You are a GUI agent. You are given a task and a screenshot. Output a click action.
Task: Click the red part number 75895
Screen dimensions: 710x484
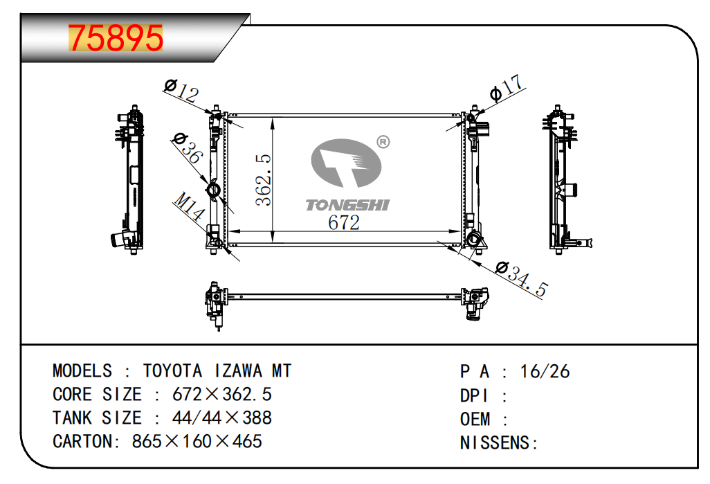[116, 38]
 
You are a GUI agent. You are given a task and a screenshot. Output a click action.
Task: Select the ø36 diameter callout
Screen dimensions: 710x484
[187, 147]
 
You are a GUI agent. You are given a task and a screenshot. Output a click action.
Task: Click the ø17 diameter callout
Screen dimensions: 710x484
[507, 87]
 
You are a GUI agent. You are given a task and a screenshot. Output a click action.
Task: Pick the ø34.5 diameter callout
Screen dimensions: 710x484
[522, 278]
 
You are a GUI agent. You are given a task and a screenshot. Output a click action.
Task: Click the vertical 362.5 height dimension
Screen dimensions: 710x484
[263, 180]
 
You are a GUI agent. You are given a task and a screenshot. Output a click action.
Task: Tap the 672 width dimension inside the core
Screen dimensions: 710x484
[344, 222]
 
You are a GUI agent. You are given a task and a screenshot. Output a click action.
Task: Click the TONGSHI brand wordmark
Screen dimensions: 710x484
[347, 205]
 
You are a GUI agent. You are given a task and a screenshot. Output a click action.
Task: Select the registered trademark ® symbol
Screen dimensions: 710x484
[383, 143]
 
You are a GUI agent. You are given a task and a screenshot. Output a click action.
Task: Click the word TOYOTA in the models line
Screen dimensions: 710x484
[172, 370]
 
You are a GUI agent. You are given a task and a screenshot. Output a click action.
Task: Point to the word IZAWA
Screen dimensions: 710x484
[238, 370]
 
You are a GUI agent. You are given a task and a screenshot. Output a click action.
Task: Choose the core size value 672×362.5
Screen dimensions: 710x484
[222, 394]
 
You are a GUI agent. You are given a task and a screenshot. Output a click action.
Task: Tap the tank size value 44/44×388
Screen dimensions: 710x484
[222, 418]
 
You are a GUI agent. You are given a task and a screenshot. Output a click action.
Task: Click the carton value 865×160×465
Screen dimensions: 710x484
[197, 441]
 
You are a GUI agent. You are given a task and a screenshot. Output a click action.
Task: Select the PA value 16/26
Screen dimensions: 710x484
[545, 372]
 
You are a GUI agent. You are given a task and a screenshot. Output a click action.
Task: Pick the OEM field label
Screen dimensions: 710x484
[475, 419]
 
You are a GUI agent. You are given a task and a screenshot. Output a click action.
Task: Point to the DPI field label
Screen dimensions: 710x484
[474, 395]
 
